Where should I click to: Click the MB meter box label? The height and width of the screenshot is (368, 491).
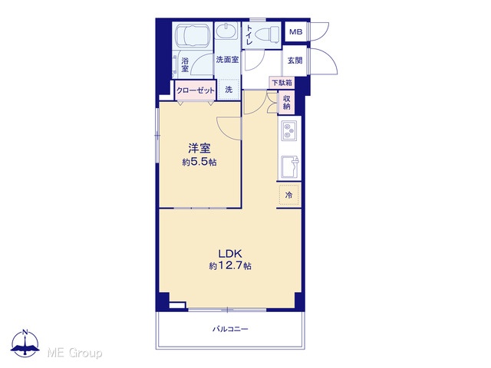click(x=295, y=32)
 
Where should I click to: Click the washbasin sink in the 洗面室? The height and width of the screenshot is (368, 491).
click(x=227, y=31)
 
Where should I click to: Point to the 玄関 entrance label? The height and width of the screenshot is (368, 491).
click(x=295, y=61)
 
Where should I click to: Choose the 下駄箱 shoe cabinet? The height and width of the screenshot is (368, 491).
click(x=282, y=83)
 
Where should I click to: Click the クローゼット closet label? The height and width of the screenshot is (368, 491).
click(x=196, y=90)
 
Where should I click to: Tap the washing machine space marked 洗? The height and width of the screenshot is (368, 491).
click(x=229, y=90)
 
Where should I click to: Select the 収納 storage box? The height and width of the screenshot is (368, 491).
click(x=287, y=102)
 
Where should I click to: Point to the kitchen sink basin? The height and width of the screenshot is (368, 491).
click(x=290, y=166)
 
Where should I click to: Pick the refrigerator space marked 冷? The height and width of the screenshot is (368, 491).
click(x=288, y=195)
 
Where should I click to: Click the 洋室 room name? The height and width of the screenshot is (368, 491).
click(x=199, y=148)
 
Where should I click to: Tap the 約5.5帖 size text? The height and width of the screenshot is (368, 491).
click(x=199, y=162)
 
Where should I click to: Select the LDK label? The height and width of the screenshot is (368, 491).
click(x=229, y=253)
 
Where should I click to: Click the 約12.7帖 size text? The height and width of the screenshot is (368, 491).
click(x=230, y=266)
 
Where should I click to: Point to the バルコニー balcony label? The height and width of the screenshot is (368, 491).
click(x=230, y=329)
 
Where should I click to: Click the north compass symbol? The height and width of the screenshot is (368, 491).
click(x=25, y=343)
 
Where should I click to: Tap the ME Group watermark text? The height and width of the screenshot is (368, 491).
click(x=74, y=353)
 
